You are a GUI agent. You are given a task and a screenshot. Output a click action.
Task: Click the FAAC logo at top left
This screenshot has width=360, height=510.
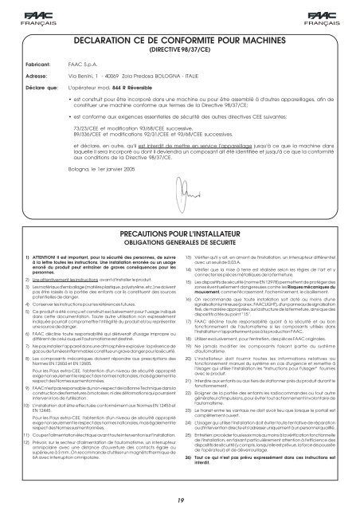click(23, 14)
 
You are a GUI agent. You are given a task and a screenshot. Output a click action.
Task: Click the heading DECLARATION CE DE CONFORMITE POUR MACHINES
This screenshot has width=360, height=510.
click(179, 38)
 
